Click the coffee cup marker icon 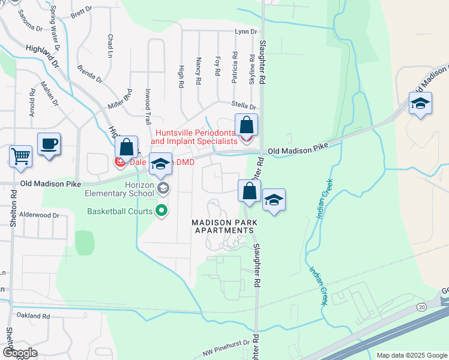coord(49,144)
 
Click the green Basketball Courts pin coord(161,211)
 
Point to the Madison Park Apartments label coord(224,227)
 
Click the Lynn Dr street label coord(246,31)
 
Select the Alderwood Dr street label coord(39,214)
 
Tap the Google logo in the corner coord(20,353)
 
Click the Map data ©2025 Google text coord(411,355)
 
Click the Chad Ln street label coord(110,43)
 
